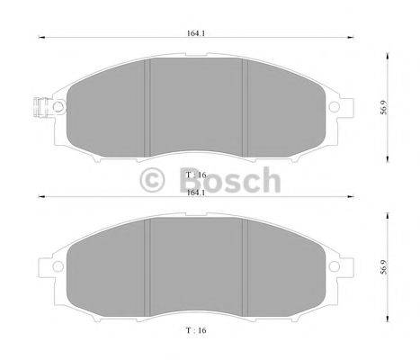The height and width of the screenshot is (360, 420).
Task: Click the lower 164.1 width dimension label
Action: pos(192,192)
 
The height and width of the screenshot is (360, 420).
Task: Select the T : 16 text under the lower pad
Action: pos(192,332)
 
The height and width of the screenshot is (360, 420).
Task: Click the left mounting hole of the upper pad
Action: pos(58,107)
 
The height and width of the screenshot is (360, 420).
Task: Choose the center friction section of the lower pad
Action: pos(196,268)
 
